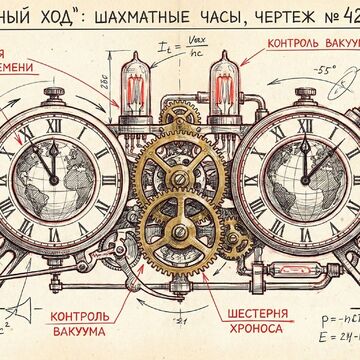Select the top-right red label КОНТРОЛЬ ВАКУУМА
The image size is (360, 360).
(310, 45)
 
